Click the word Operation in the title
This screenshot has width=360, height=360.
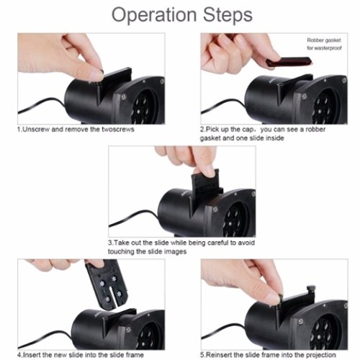click(154, 16)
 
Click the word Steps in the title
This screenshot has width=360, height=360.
click(228, 16)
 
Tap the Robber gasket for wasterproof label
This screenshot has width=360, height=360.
click(324, 44)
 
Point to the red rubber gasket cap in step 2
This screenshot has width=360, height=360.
click(289, 61)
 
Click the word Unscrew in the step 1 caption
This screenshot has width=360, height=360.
click(36, 130)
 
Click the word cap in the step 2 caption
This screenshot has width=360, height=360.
click(248, 130)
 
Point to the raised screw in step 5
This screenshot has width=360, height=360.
click(311, 290)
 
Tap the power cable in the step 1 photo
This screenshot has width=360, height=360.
click(42, 105)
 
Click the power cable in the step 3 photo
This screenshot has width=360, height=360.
click(133, 218)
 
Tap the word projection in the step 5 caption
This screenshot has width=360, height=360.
click(320, 355)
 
